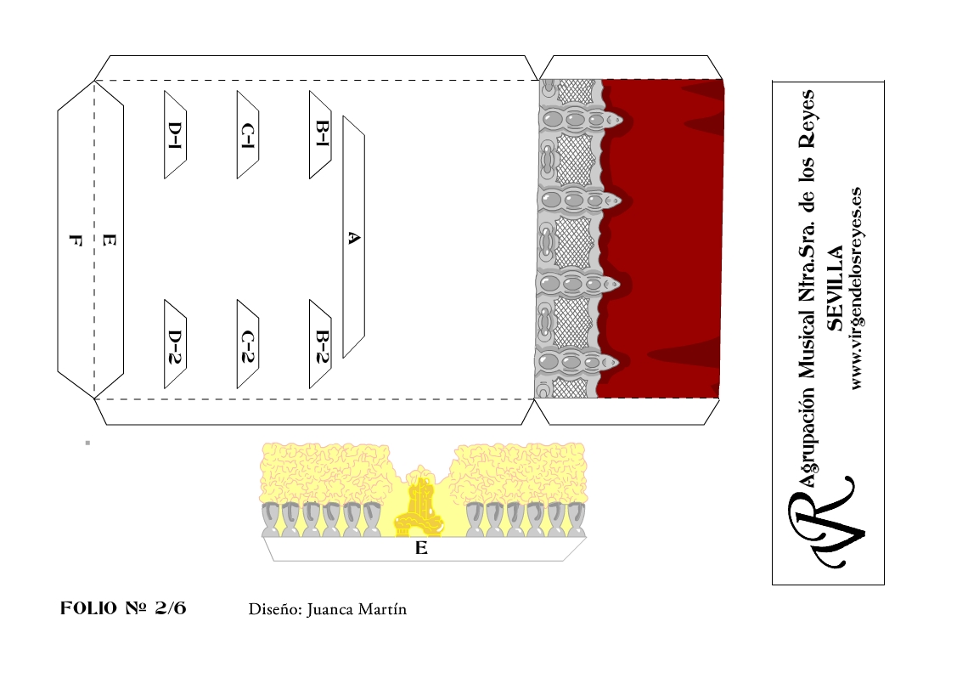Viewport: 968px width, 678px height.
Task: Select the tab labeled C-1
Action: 248,134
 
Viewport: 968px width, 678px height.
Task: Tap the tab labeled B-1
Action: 321,134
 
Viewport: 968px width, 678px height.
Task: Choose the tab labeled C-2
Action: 248,344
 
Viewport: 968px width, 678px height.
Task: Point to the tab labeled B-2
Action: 321,344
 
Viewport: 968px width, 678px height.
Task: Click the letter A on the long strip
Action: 354,239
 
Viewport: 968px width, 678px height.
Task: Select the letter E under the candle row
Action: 421,549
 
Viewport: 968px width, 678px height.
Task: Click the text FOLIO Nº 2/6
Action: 123,608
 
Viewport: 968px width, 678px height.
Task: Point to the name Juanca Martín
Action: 357,609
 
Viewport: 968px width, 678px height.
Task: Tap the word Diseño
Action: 274,609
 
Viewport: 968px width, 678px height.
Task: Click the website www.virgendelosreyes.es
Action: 857,289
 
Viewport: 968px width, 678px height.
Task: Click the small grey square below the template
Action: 87,443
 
